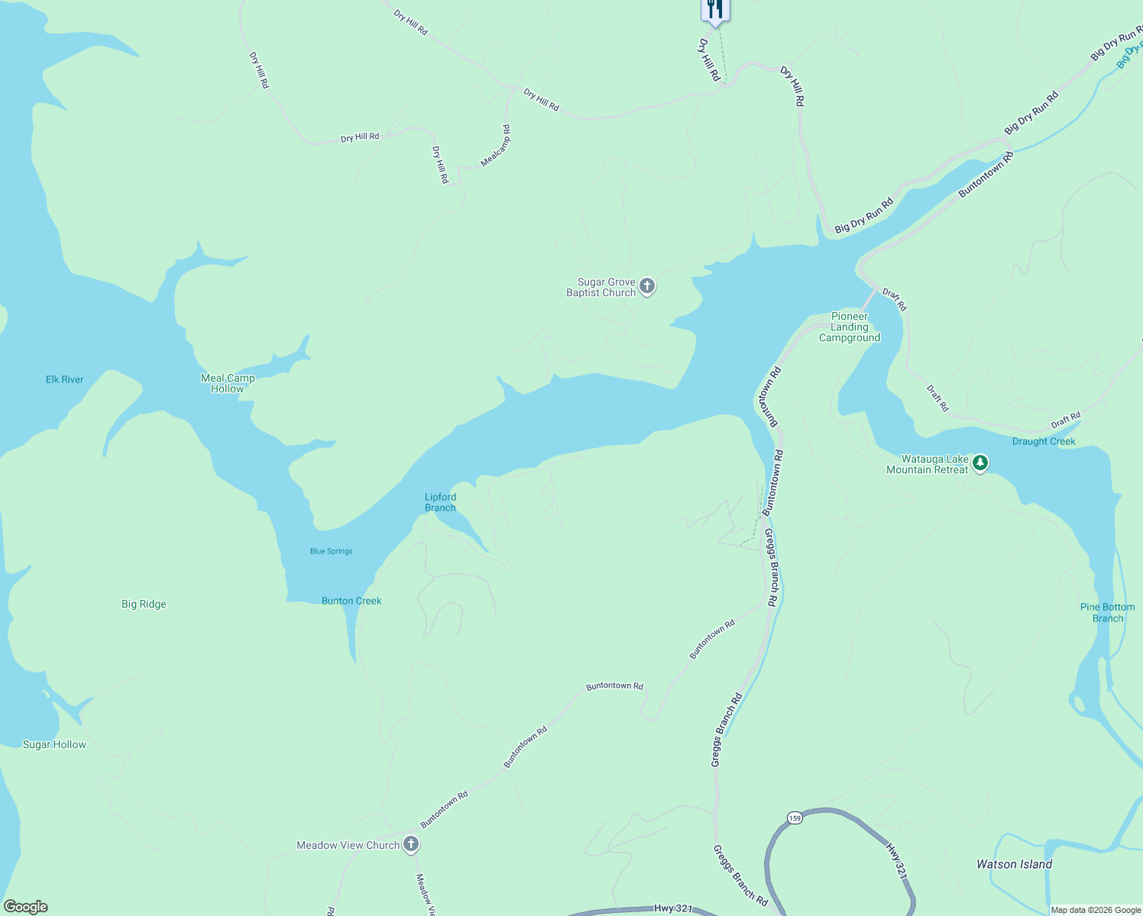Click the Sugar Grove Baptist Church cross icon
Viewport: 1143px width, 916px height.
pyautogui.click(x=647, y=286)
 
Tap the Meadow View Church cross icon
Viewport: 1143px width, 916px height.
pyautogui.click(x=411, y=843)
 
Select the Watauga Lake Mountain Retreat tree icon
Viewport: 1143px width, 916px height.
pyautogui.click(x=980, y=463)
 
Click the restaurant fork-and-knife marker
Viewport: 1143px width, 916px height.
pyautogui.click(x=715, y=9)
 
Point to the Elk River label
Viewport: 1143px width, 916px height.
pyautogui.click(x=65, y=379)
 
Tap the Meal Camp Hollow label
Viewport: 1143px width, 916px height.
pyautogui.click(x=228, y=383)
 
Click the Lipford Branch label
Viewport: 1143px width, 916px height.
pyautogui.click(x=440, y=502)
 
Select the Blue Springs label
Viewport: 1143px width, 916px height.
pyautogui.click(x=331, y=551)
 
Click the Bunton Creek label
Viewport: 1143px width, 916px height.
pyautogui.click(x=351, y=601)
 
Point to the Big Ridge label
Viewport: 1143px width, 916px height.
pyautogui.click(x=144, y=604)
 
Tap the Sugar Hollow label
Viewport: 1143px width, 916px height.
pyautogui.click(x=54, y=744)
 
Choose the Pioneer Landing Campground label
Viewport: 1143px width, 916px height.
pyautogui.click(x=850, y=327)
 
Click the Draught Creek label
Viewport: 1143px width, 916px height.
pyautogui.click(x=1044, y=441)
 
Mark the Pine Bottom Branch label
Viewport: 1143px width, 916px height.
pyautogui.click(x=1107, y=612)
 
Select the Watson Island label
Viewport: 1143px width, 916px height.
pyautogui.click(x=1014, y=864)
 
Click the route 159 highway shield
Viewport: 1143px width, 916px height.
pyautogui.click(x=795, y=818)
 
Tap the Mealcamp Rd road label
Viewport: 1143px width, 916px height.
pyautogui.click(x=496, y=146)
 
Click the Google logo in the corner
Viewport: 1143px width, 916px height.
pyautogui.click(x=25, y=907)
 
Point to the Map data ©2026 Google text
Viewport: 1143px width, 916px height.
pyautogui.click(x=1096, y=910)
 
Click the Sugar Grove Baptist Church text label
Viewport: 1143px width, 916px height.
pyautogui.click(x=601, y=287)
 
